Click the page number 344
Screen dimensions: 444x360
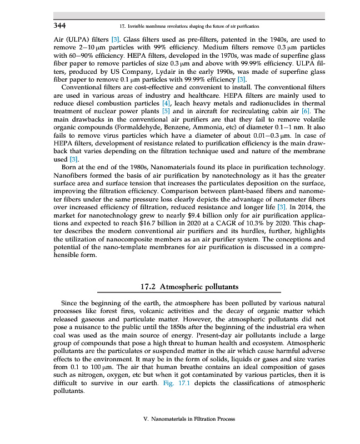(60, 26)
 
